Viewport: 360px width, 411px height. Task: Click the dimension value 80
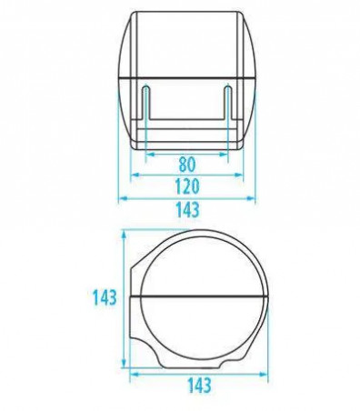pyautogui.click(x=187, y=164)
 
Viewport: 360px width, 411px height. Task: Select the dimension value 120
pyautogui.click(x=187, y=186)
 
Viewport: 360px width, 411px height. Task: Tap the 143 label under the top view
pyautogui.click(x=187, y=210)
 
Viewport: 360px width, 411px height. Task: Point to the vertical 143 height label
pyautogui.click(x=105, y=297)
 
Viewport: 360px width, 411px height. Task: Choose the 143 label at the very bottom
pyautogui.click(x=199, y=386)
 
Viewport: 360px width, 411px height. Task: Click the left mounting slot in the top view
pyautogui.click(x=146, y=103)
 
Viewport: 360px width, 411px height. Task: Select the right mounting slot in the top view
pyautogui.click(x=228, y=103)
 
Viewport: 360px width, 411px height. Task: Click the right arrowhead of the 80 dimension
pyautogui.click(x=224, y=155)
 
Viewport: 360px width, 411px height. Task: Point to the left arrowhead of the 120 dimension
pyautogui.click(x=135, y=175)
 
